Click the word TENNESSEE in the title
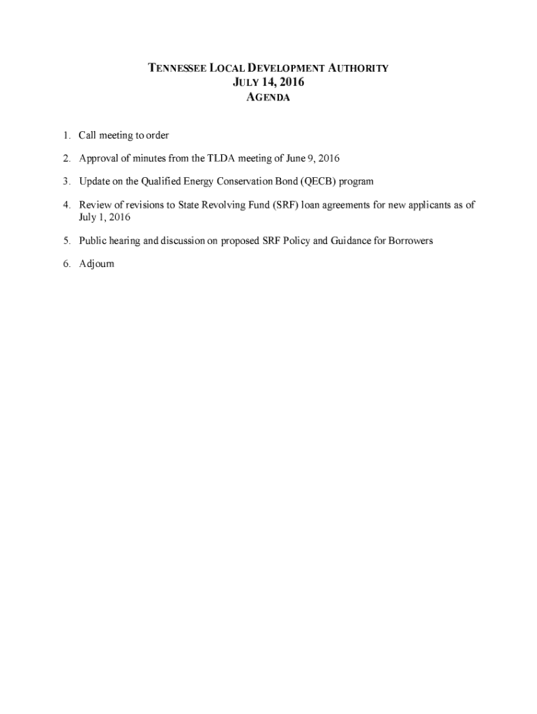coord(172,68)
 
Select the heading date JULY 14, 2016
coord(268,82)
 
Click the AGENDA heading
coord(268,98)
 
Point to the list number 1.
coord(66,135)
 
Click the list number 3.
coord(66,181)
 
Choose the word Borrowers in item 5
coord(407,241)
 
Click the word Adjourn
coord(97,264)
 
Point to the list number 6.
coord(66,264)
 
